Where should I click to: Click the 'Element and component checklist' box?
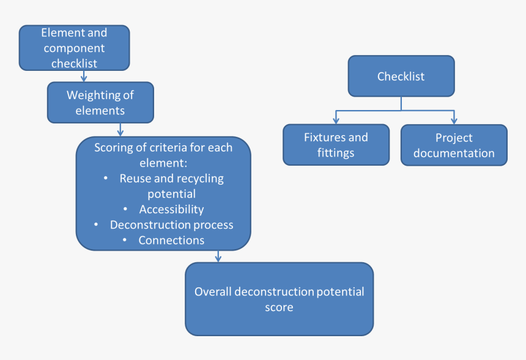click(74, 48)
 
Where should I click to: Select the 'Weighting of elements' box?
click(100, 103)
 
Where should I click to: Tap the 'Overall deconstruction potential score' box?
click(279, 299)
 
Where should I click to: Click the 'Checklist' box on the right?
click(401, 76)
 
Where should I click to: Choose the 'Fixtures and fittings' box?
click(336, 145)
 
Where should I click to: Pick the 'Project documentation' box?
click(454, 145)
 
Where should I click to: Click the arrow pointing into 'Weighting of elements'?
click(84, 77)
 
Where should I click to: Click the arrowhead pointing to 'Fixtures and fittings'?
click(336, 120)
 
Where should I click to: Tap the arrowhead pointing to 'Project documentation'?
click(454, 120)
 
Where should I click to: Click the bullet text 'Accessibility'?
click(171, 209)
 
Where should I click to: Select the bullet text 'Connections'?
click(171, 240)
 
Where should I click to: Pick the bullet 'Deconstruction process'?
click(171, 224)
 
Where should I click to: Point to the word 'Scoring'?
click(114, 148)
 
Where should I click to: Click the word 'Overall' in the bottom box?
click(213, 292)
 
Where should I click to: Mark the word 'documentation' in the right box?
click(454, 153)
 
